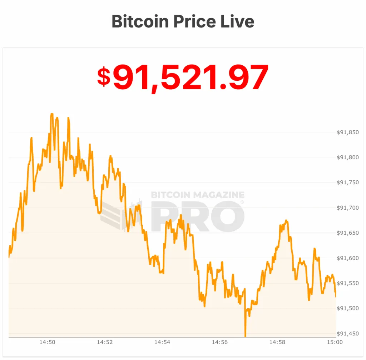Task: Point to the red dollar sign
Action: (104, 76)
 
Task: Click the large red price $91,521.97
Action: (183, 77)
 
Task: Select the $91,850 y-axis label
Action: (347, 132)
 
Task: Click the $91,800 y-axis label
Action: (347, 157)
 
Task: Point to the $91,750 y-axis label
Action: (347, 182)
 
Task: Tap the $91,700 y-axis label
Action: (347, 208)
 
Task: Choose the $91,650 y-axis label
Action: (347, 233)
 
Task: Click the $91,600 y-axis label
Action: (347, 258)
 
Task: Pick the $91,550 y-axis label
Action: (347, 283)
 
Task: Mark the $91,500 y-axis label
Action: (347, 308)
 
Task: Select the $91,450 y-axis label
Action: (347, 334)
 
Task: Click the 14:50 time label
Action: (47, 342)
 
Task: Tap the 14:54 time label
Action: (162, 342)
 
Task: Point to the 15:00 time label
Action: (335, 342)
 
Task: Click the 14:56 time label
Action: (220, 342)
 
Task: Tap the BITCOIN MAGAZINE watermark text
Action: (198, 195)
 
